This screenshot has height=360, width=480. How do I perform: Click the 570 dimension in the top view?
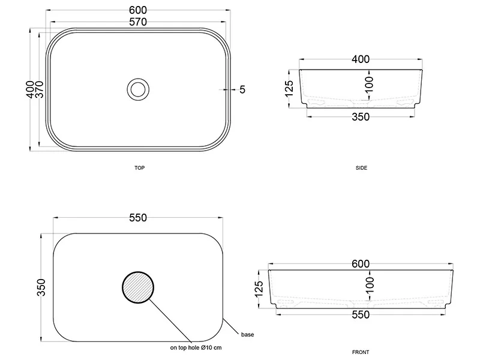point(138,22)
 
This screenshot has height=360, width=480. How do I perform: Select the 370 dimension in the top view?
point(40,89)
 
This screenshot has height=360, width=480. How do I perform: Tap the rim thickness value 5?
point(242,89)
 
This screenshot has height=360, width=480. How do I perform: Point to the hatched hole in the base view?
point(138,287)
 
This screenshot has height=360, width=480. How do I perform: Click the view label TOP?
point(140,168)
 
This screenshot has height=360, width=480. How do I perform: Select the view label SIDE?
point(361,168)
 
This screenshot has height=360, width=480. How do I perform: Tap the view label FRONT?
point(361,352)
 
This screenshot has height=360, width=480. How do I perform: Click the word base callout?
point(247,335)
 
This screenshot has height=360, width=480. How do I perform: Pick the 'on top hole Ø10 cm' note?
point(196,347)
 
